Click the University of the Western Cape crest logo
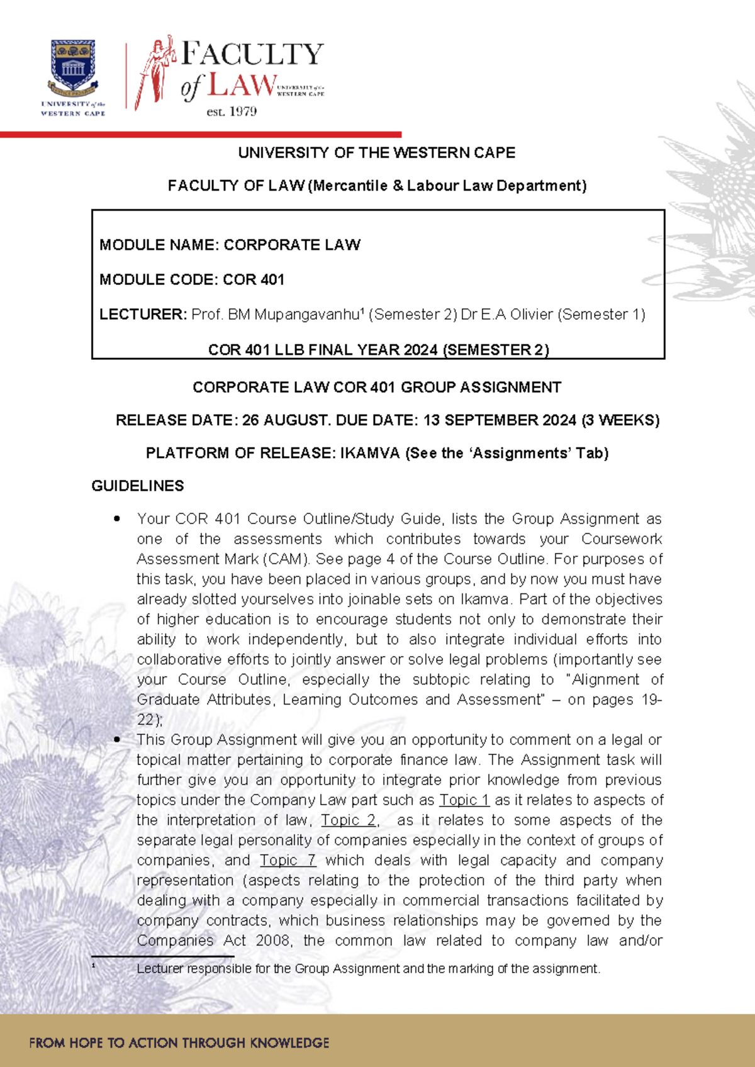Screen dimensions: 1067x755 [x=73, y=66]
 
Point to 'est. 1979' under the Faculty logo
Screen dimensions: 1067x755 [x=232, y=112]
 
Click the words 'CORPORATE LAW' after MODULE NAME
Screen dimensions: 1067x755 [x=292, y=245]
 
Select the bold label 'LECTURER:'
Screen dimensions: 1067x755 [x=143, y=315]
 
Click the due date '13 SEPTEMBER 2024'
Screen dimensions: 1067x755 [x=500, y=420]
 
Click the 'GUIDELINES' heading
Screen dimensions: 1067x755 [x=138, y=486]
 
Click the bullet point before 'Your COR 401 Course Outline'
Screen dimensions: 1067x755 [x=117, y=519]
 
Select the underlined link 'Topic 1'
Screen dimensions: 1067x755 [x=464, y=800]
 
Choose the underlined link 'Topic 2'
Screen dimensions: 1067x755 [x=349, y=820]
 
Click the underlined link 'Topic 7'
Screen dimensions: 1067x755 [x=288, y=861]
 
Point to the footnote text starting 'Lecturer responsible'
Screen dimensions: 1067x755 [x=368, y=969]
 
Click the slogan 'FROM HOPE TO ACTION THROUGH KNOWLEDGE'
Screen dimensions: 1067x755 [x=179, y=1042]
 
